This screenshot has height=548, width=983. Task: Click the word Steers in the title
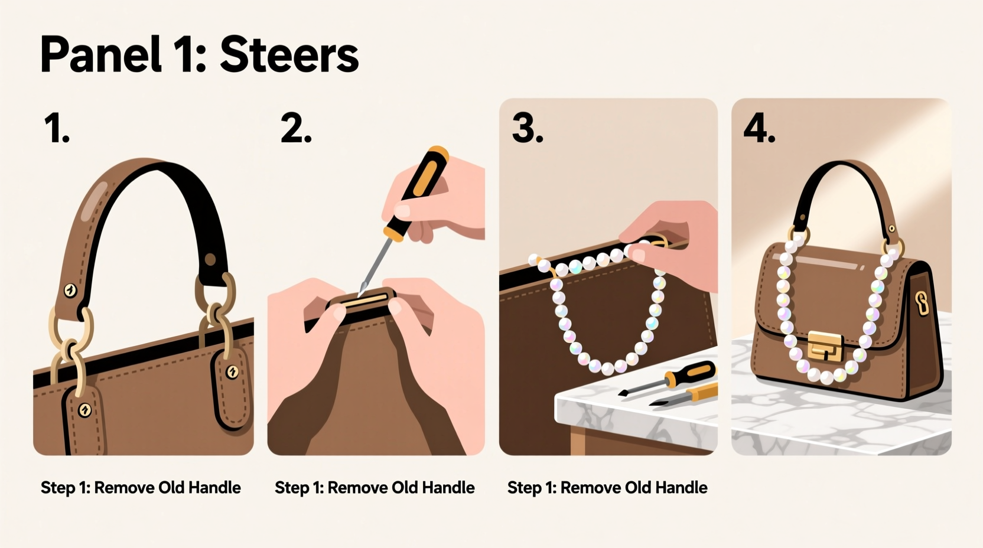(x=289, y=55)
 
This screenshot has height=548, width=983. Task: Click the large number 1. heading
(x=57, y=129)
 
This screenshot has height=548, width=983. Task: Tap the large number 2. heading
(x=295, y=129)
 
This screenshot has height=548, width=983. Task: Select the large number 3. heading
(x=527, y=129)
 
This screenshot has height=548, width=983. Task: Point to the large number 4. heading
(x=759, y=129)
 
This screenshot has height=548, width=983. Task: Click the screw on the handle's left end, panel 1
(x=70, y=290)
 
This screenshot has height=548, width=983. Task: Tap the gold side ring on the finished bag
(x=922, y=302)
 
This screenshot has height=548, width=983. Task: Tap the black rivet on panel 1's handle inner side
(x=210, y=259)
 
